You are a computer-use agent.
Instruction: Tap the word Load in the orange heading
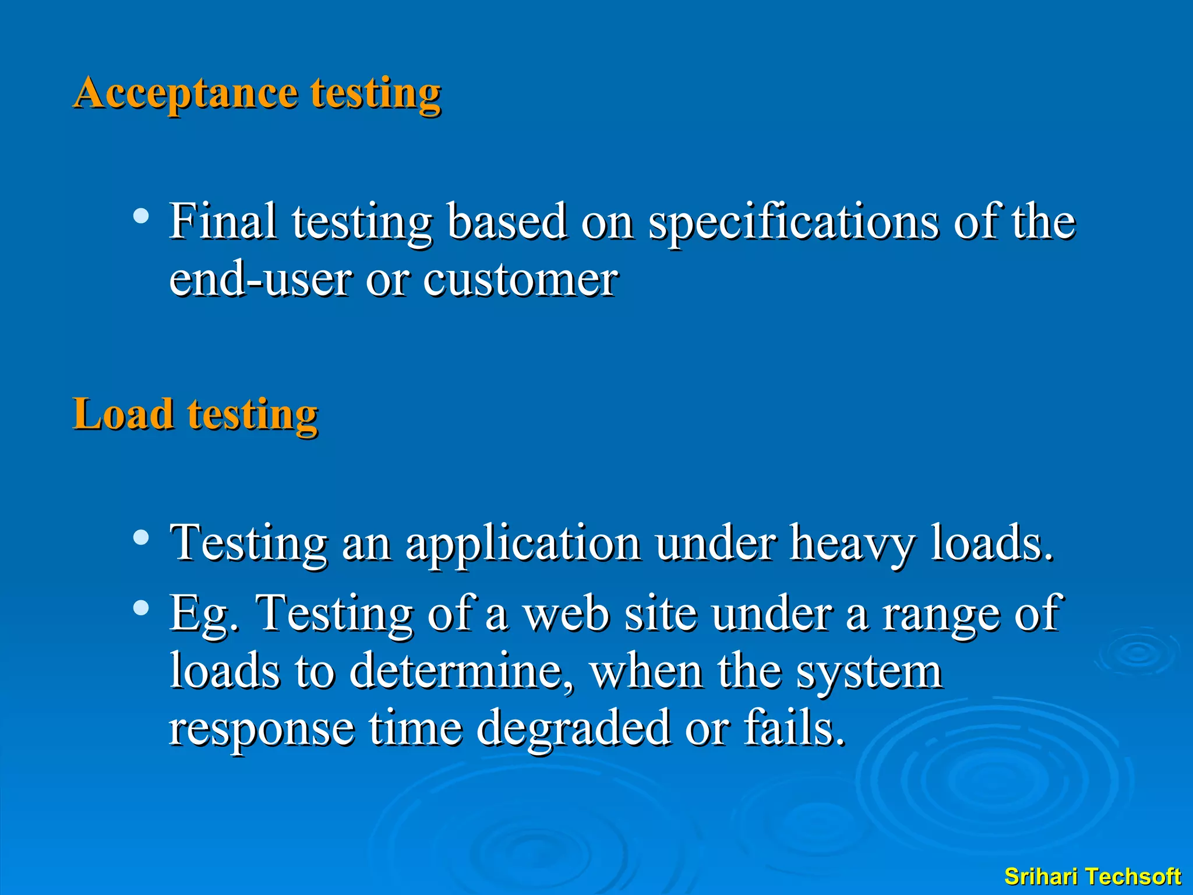click(123, 414)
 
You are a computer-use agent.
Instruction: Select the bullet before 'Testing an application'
click(140, 537)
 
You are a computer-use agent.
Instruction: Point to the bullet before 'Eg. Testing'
click(140, 608)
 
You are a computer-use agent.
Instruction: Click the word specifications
click(793, 223)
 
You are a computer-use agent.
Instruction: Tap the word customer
click(520, 280)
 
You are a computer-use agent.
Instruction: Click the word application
click(523, 544)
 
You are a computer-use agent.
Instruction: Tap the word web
click(566, 614)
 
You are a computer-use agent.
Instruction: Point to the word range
click(940, 614)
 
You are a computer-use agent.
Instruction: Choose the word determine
click(461, 671)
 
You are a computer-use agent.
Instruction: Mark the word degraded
click(573, 728)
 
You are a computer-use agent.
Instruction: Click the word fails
click(794, 728)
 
